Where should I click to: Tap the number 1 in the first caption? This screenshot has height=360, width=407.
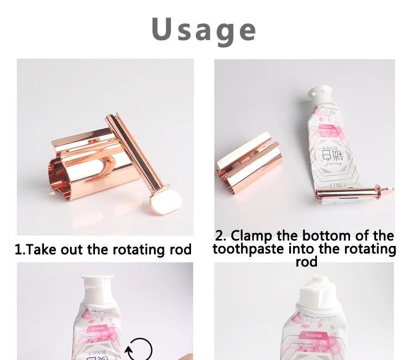click(x=18, y=250)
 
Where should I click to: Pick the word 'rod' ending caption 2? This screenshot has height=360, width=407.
click(x=306, y=262)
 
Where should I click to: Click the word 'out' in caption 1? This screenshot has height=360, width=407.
click(x=72, y=250)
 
